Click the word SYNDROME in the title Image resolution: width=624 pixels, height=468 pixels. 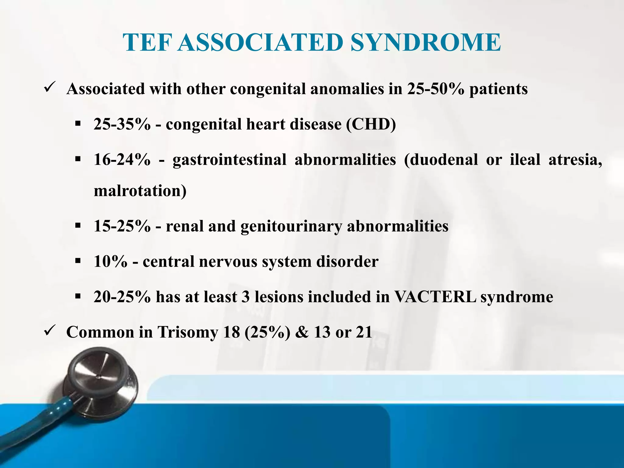[425, 43]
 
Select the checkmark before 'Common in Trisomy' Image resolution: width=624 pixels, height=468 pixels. [49, 331]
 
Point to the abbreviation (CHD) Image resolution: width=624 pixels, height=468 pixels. [371, 124]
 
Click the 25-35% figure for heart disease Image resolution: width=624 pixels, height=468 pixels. [122, 124]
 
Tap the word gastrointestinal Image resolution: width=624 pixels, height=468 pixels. [229, 160]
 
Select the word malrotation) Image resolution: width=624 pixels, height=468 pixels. [140, 191]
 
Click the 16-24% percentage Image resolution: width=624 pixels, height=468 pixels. [122, 160]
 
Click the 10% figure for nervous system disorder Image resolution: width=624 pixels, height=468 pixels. [110, 262]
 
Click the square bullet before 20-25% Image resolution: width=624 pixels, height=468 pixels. [78, 296]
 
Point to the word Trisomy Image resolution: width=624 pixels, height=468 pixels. [187, 332]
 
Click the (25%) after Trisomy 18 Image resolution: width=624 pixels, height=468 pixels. [267, 332]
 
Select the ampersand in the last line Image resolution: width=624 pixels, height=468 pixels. [302, 332]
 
